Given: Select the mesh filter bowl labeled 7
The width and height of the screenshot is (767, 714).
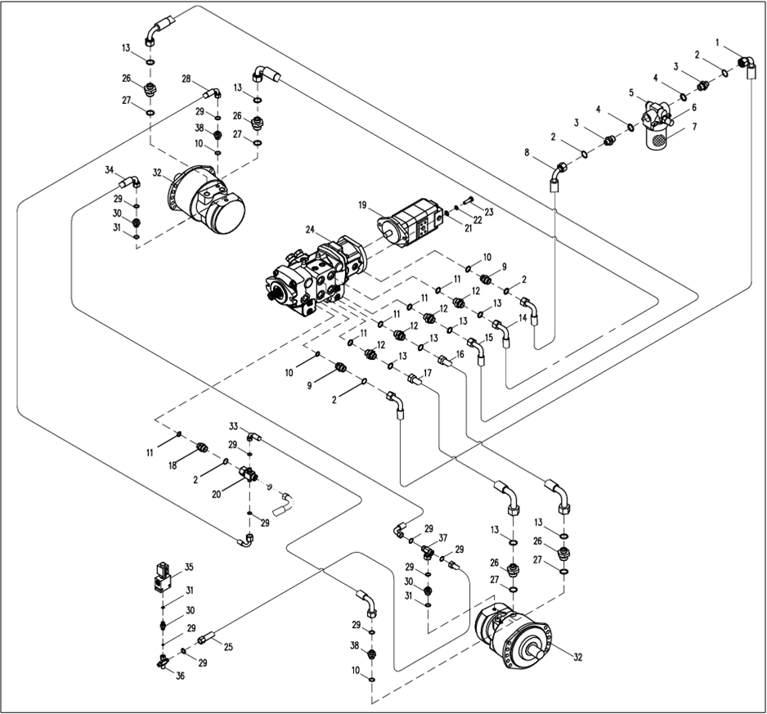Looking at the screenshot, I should coord(657,137).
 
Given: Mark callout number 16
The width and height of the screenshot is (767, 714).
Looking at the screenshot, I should coord(460,354).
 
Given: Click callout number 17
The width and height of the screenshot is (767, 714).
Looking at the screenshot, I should coord(427,373).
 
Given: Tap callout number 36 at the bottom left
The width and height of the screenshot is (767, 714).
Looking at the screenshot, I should coord(181,676).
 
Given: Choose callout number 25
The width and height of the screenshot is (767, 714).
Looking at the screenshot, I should coord(229,647).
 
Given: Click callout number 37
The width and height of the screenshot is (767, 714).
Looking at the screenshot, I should coord(443,537).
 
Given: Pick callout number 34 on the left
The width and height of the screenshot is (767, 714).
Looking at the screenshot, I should coord(109,169).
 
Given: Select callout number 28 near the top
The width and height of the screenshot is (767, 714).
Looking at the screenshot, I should coord(186,79).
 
